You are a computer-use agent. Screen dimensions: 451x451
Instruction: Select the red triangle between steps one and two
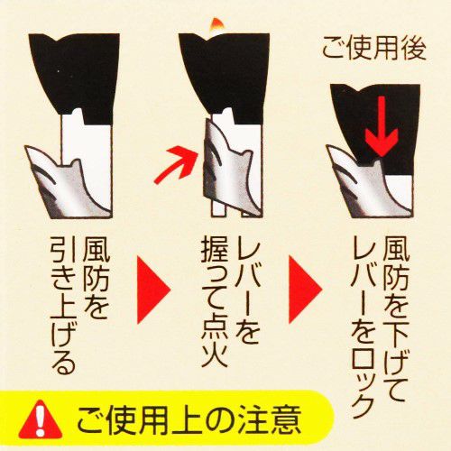click(153, 290)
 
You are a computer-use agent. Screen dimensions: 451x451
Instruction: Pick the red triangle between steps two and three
click(305, 290)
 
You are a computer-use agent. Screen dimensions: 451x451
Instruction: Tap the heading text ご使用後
click(374, 50)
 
